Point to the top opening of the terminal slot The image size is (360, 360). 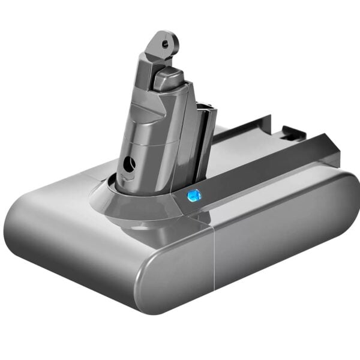205,108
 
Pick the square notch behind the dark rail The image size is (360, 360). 287,129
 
